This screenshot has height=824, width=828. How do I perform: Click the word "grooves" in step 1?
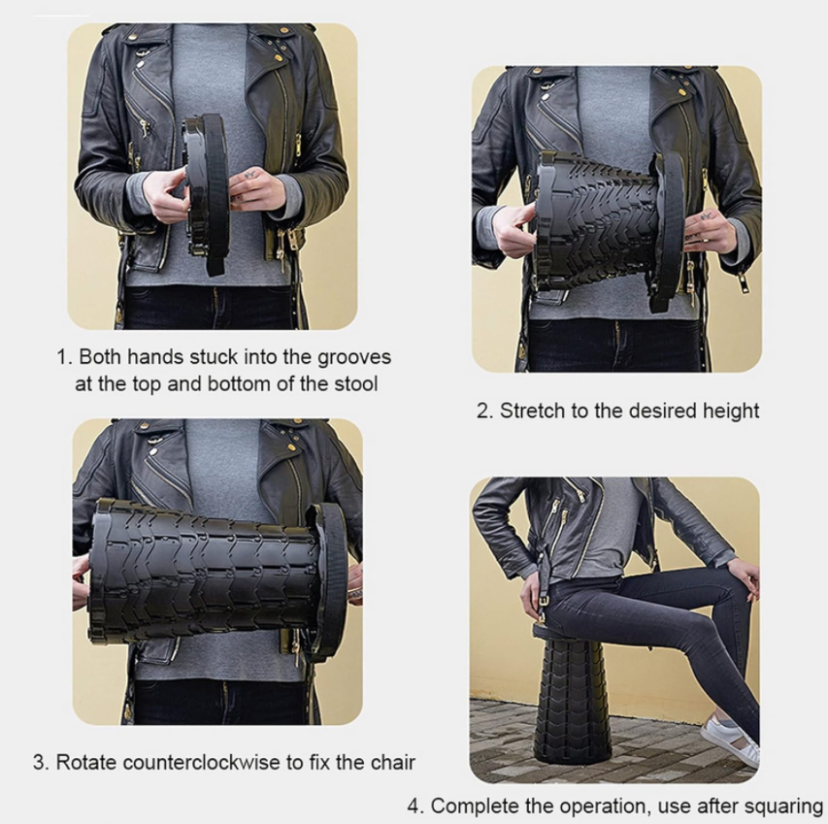(x=353, y=358)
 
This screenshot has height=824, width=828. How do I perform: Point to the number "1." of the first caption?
(x=64, y=357)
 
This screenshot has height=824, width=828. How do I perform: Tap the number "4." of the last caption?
(x=416, y=807)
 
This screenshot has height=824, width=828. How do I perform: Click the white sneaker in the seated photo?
(x=730, y=741)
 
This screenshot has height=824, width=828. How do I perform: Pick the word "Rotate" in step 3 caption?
(x=87, y=762)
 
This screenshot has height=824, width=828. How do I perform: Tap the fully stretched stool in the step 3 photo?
(x=217, y=579)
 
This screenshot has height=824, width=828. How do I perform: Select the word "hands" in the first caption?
(x=156, y=357)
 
